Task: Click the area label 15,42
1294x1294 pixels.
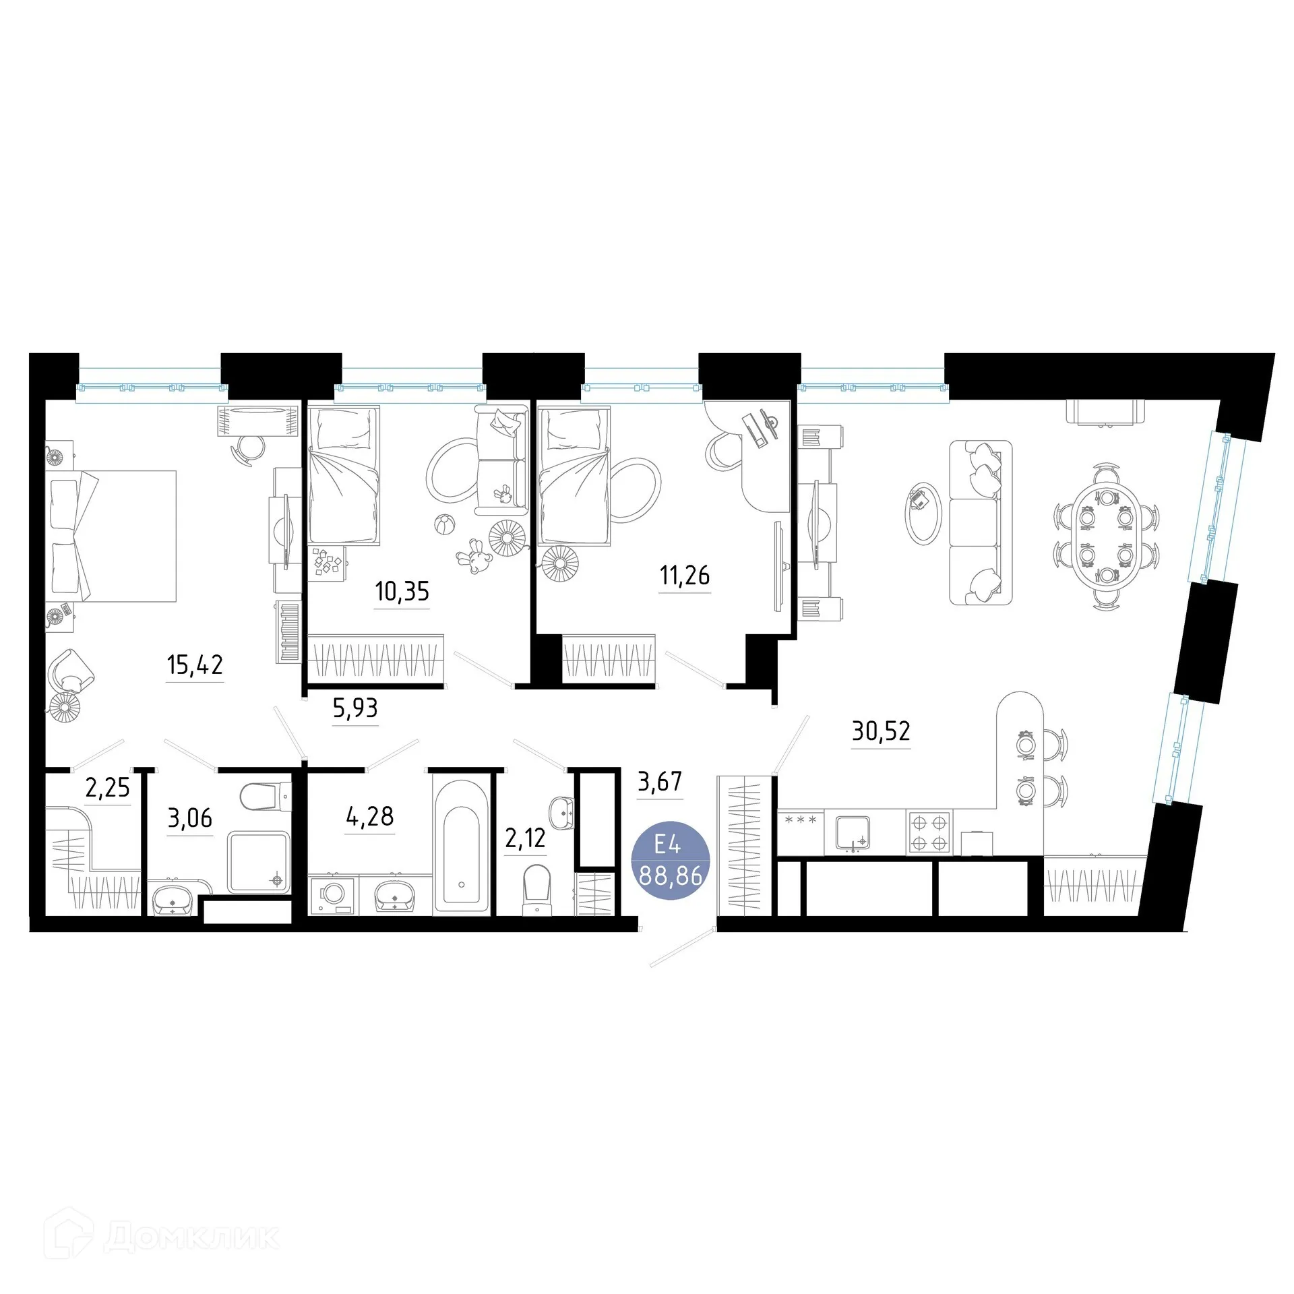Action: (195, 665)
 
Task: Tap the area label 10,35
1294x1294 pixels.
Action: (402, 592)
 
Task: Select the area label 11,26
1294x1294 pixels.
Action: (685, 576)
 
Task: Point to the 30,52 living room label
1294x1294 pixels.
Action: (881, 731)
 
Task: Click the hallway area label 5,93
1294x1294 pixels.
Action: (355, 708)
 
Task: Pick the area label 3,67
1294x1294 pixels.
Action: (660, 782)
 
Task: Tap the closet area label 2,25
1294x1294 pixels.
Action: (108, 787)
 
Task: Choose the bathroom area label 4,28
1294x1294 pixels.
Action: (369, 817)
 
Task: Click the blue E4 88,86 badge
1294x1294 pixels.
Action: (670, 862)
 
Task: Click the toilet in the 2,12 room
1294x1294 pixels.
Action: (536, 890)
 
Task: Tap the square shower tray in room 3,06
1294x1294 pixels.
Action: (259, 862)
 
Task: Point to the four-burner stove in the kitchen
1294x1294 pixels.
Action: (930, 832)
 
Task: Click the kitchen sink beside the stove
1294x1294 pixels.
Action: (853, 833)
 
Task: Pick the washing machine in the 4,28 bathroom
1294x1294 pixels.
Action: (333, 895)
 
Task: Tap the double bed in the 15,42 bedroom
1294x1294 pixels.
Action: (111, 536)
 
